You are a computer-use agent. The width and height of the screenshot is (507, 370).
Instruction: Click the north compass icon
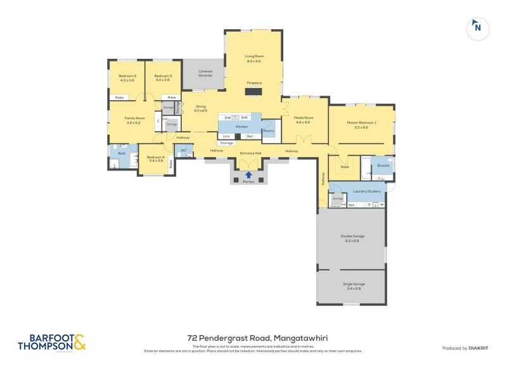477,27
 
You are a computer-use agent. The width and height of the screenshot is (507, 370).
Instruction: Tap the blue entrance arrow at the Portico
248,175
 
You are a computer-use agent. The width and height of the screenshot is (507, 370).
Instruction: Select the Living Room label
254,58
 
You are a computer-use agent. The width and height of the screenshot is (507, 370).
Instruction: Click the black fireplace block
254,91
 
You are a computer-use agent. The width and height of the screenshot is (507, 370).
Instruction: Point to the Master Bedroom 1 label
361,124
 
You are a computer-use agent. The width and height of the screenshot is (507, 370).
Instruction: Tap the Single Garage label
352,286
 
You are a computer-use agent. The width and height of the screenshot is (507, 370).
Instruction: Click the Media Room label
304,120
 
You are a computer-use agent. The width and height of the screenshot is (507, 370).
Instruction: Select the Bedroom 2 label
127,78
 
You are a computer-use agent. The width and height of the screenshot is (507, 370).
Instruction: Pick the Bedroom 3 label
163,78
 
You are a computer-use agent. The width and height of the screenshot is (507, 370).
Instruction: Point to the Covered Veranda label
205,73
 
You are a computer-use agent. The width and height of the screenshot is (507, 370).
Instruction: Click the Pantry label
268,131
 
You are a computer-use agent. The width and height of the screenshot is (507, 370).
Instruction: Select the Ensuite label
383,165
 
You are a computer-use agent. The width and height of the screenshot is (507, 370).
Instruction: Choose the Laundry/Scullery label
358,190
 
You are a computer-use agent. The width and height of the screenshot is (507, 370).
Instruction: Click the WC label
183,150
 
